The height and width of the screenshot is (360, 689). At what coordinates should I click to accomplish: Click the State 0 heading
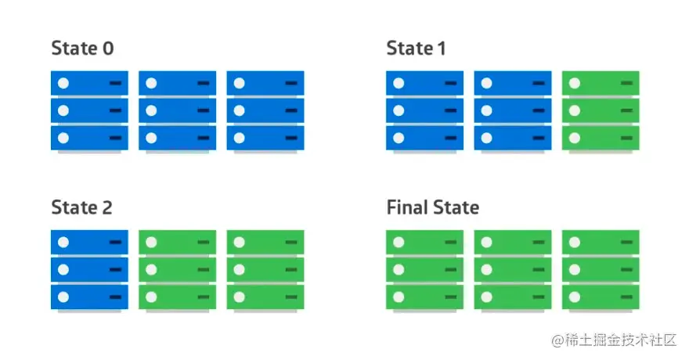tap(82, 49)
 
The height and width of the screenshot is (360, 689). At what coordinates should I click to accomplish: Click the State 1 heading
tap(416, 49)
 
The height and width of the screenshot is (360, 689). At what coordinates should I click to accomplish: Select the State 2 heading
tap(81, 207)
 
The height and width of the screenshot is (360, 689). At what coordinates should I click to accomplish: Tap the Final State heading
tap(432, 207)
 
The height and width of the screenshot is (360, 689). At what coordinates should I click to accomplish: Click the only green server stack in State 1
tap(601, 110)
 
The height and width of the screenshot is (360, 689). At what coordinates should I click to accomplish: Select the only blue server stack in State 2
tap(89, 270)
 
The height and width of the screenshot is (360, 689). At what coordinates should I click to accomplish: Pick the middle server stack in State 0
tap(177, 110)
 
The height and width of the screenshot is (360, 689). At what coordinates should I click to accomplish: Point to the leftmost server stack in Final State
tap(424, 270)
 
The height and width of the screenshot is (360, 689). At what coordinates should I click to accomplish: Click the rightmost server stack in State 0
tap(265, 110)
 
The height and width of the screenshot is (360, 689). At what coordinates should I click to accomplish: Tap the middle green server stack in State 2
tap(177, 270)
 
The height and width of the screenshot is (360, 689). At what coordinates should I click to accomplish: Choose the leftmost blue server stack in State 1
tap(424, 110)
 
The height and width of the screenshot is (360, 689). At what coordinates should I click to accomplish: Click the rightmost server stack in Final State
tap(601, 270)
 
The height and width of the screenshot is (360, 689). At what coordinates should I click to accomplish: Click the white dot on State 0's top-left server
tap(63, 83)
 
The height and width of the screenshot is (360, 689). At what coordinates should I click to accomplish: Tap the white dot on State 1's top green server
tap(575, 83)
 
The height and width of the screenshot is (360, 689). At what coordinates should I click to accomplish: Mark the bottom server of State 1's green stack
tap(601, 138)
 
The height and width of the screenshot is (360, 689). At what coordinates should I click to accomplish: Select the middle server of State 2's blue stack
tap(89, 270)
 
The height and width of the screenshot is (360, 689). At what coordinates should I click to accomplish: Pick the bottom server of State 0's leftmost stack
tap(89, 138)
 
